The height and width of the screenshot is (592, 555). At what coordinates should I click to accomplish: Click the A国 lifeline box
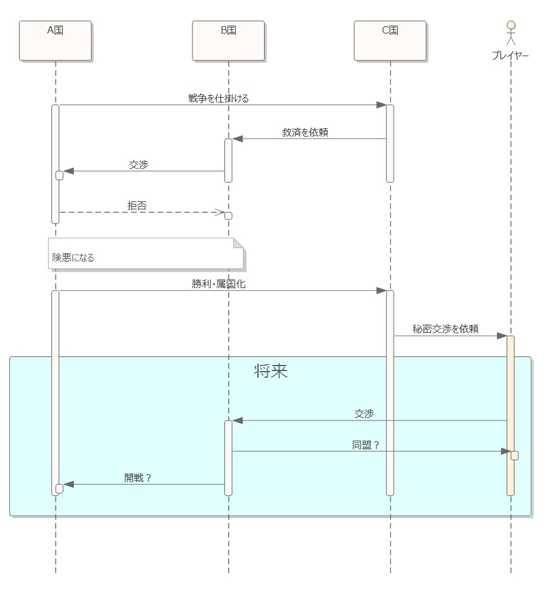click(55, 40)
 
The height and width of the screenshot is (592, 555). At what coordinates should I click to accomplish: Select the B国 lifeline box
click(228, 40)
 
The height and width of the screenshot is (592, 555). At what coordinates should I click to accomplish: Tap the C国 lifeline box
click(390, 40)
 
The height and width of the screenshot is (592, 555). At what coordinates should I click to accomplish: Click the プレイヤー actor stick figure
click(511, 33)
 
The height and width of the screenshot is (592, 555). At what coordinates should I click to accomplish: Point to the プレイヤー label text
click(510, 56)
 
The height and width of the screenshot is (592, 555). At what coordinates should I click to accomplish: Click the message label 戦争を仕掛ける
click(219, 98)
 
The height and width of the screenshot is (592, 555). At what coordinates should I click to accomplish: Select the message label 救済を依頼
click(305, 132)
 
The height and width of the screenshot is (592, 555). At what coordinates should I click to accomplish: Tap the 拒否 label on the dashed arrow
click(137, 206)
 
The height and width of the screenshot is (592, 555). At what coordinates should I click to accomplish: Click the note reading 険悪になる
click(146, 253)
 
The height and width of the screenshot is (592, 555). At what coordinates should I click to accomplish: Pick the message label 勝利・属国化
click(219, 284)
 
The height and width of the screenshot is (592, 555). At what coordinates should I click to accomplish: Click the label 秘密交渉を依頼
click(445, 329)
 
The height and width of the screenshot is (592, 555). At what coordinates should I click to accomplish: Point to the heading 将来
click(271, 372)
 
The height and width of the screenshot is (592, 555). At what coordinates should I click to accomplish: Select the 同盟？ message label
click(366, 445)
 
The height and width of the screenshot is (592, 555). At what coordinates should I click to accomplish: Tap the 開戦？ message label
click(138, 478)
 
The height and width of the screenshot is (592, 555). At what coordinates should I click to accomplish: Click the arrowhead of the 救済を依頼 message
click(238, 139)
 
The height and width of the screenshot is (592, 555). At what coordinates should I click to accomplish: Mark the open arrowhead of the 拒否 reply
click(220, 212)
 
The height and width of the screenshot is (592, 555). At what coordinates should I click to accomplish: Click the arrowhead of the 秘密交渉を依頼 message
click(501, 336)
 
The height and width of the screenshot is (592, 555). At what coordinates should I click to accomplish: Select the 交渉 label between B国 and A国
click(138, 165)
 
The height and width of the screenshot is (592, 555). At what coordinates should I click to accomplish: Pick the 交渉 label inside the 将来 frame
click(364, 414)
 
